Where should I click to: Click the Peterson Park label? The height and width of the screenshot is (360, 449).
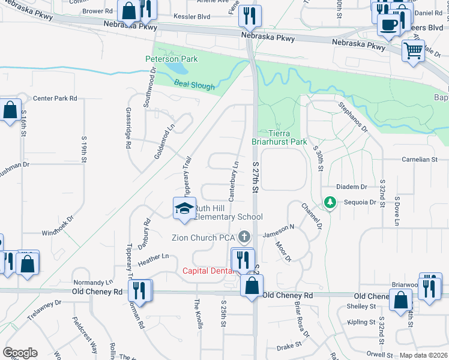[x=171, y=59]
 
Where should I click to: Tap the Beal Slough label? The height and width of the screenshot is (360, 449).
[x=194, y=86]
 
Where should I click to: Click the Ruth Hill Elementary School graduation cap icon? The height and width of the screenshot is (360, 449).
[x=184, y=208]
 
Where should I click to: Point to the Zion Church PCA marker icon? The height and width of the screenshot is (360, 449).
[x=244, y=237]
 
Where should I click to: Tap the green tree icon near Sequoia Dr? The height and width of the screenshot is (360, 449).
[x=329, y=203]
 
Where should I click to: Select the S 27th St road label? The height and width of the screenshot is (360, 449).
[x=255, y=176]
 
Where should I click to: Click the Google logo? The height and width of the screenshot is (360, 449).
[x=20, y=353]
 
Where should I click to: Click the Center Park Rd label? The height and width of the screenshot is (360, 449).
[x=55, y=98]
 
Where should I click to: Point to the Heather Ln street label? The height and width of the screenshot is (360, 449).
[x=154, y=257]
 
